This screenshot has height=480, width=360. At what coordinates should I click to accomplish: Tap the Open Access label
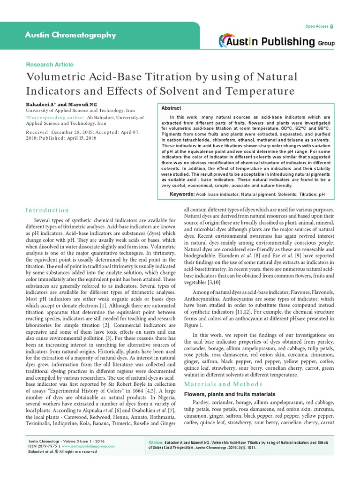(x=317, y=26)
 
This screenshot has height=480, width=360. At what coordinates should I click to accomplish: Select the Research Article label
(x=49, y=64)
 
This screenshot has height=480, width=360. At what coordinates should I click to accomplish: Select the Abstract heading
(x=171, y=108)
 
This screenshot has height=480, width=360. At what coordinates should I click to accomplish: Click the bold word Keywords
(x=182, y=194)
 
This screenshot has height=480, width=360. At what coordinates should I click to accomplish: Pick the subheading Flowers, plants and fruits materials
(x=230, y=394)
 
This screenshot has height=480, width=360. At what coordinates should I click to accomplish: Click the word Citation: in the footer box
(x=156, y=442)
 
